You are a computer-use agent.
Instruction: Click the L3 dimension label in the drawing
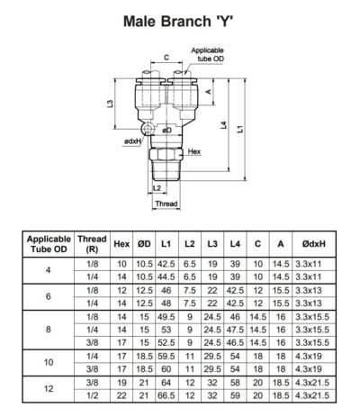point(110,105)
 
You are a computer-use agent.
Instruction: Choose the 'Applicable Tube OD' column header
point(49,242)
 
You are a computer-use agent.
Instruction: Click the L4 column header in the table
point(233,242)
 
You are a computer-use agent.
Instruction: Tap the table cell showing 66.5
point(164,394)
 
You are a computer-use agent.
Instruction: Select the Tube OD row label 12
point(49,388)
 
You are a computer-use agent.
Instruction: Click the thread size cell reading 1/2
point(92,394)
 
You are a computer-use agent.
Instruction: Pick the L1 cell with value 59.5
point(164,357)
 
